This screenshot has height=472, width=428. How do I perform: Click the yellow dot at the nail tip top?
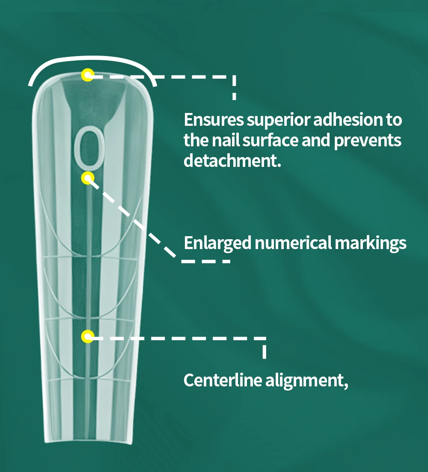88,76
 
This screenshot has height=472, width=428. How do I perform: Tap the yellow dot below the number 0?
88,178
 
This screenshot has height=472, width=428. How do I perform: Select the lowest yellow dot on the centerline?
88,337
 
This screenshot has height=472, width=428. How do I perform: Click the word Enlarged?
217,243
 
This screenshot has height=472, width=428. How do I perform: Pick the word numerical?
293,243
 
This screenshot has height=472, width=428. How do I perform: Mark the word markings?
370,243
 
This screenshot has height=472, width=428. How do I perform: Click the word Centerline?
223,380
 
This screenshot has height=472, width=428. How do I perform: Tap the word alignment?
303,380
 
